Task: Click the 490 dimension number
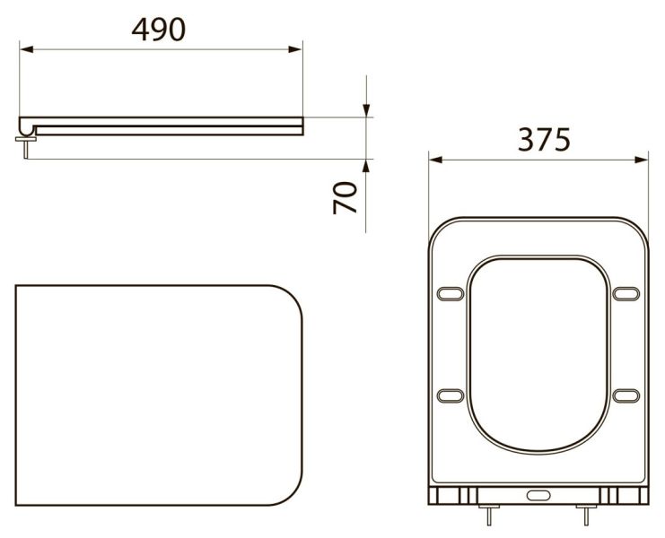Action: tap(159, 30)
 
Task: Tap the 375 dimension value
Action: tap(544, 139)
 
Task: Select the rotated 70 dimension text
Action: tap(345, 197)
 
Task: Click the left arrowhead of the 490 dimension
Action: tap(27, 49)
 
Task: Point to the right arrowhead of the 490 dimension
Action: tap(295, 49)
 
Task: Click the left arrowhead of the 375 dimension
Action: tap(435, 160)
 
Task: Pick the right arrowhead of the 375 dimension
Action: tap(642, 160)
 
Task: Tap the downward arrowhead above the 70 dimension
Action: tap(366, 110)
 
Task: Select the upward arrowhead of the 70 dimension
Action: tap(366, 166)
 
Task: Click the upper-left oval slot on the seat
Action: tap(451, 293)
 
